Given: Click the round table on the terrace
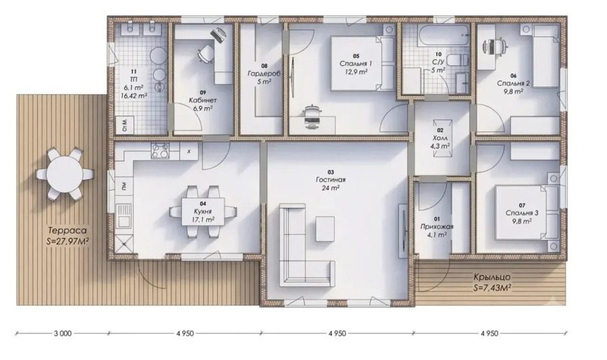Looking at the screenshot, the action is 65,174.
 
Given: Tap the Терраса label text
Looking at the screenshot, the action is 67,231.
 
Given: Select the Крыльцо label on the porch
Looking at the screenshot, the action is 492,277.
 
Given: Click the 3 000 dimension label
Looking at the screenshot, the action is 63,333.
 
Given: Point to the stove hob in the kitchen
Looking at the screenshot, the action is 161,150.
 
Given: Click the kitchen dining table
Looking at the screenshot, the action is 203,212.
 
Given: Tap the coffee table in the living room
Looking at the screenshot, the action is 325,229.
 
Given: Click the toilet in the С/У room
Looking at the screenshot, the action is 457,61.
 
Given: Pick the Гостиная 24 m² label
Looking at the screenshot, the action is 330,180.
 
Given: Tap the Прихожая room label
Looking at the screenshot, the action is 436,227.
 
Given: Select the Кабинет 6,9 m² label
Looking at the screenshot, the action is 203,100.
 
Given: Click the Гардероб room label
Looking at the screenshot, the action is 264,73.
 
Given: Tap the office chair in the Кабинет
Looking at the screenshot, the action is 206,53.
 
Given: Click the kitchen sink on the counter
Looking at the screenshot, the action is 124,216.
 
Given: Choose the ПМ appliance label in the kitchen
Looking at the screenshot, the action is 124,187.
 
